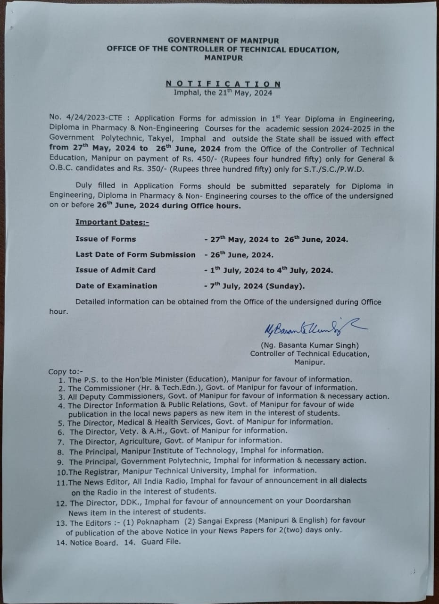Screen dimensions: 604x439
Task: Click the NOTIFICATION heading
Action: (223, 84)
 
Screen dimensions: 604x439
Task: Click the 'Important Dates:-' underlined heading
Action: (112, 222)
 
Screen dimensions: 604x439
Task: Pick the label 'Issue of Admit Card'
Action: (115, 270)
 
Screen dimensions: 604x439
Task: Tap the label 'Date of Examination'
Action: (116, 286)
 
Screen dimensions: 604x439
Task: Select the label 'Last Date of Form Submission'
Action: (135, 255)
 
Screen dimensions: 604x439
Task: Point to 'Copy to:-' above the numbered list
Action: (64, 372)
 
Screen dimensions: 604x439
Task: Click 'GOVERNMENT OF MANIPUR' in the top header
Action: (223, 41)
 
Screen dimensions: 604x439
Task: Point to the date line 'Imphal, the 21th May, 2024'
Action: (223, 93)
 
